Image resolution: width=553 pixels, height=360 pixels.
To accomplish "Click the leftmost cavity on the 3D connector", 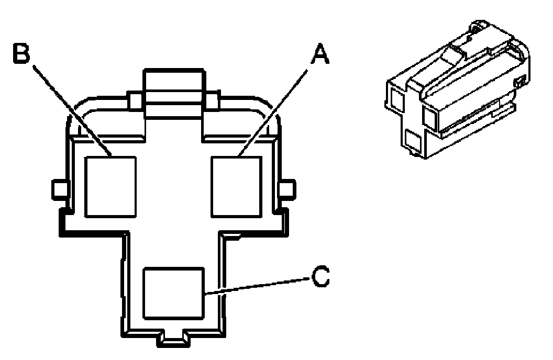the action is (x=397, y=98).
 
